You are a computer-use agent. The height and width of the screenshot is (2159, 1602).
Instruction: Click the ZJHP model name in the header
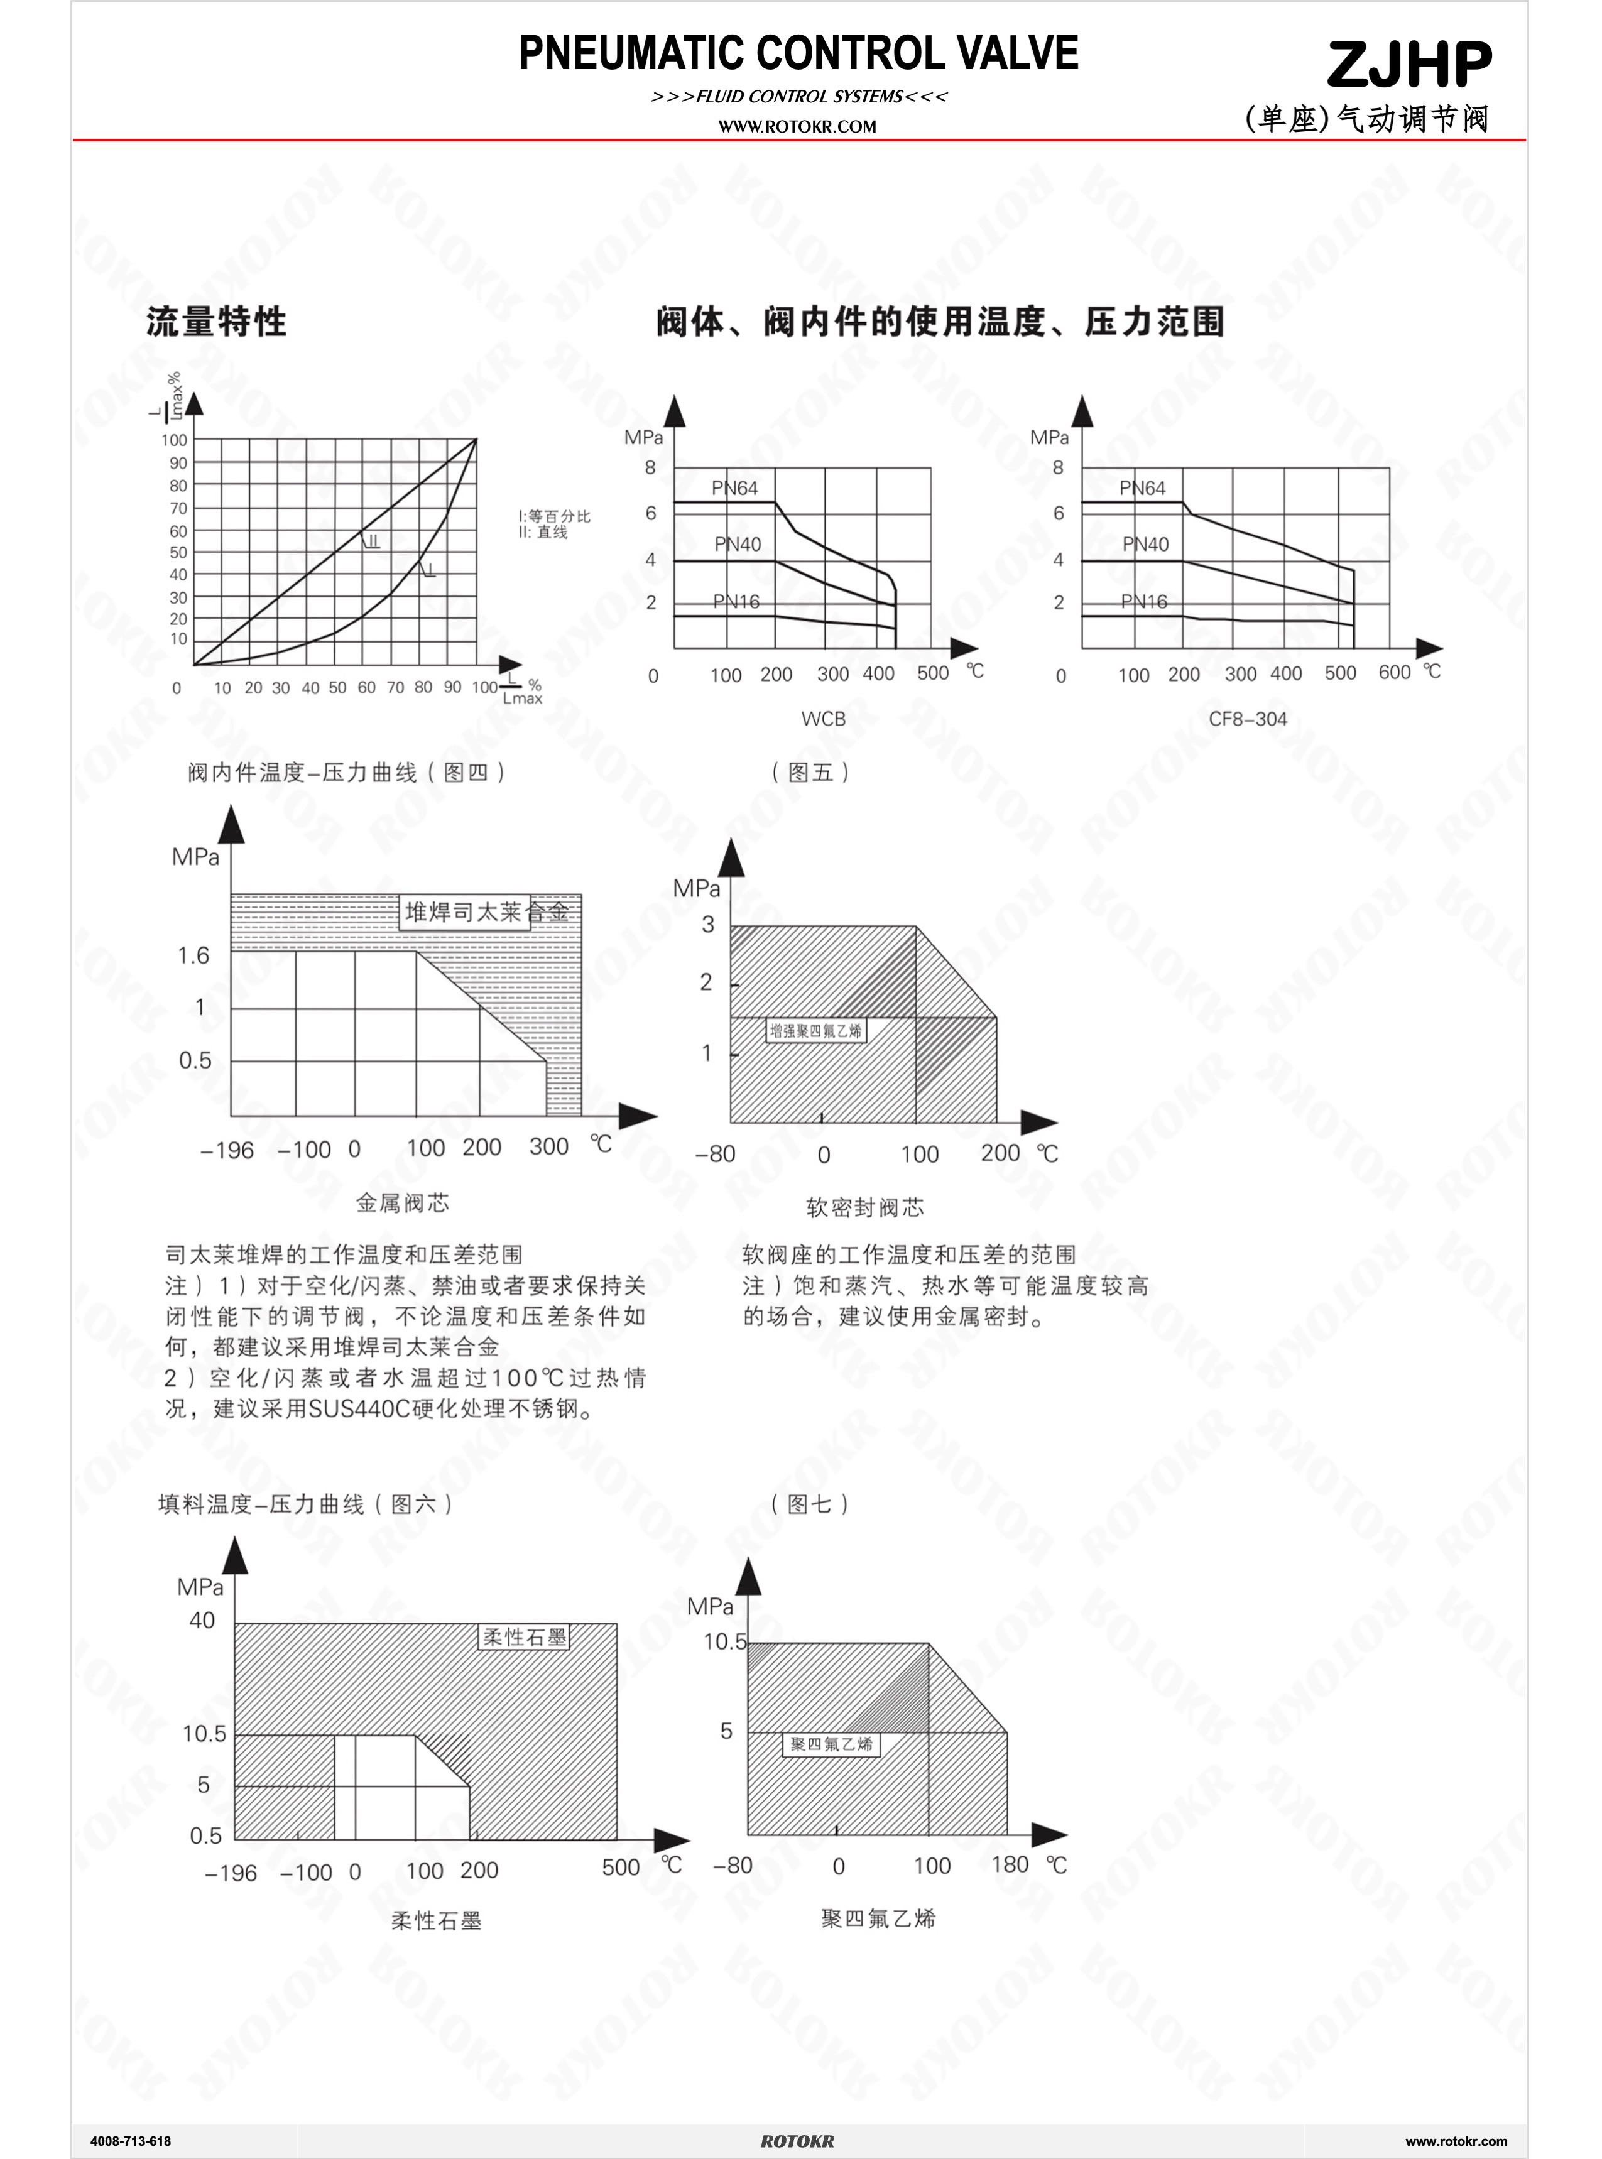point(1409,65)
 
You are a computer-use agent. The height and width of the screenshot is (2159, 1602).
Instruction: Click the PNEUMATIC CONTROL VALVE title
point(798,53)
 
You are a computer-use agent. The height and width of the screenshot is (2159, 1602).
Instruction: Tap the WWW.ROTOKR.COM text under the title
point(797,126)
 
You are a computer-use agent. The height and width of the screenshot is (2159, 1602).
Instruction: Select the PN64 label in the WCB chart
point(734,487)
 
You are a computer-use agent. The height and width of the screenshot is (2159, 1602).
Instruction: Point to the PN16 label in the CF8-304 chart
point(1143,601)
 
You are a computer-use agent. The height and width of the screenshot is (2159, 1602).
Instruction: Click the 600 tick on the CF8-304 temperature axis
point(1395,672)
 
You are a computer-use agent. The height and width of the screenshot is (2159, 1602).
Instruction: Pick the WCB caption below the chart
point(824,719)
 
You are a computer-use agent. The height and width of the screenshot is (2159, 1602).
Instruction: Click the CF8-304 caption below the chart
point(1247,719)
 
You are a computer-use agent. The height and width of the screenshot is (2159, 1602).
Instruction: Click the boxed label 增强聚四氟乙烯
point(815,1031)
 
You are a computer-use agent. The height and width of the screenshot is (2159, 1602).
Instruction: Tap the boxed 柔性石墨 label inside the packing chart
point(525,1636)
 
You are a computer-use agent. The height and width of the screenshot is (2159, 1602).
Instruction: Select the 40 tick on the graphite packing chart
point(202,1620)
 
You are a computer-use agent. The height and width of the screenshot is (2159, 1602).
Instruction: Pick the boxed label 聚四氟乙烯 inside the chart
point(831,1744)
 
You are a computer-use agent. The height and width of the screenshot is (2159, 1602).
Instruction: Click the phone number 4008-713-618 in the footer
point(130,2141)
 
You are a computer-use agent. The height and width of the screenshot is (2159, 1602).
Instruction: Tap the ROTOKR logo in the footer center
point(797,2141)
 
